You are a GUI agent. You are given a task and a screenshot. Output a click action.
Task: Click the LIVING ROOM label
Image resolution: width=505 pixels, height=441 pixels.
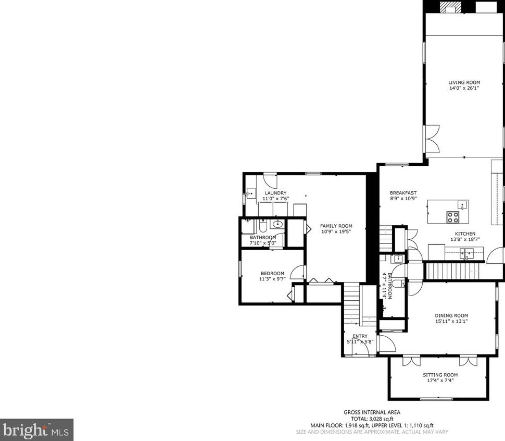click(464, 82)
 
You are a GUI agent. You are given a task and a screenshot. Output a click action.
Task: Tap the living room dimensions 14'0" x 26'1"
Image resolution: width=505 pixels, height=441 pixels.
click(464, 89)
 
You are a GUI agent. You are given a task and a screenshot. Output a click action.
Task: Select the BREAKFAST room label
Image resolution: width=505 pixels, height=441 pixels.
click(403, 193)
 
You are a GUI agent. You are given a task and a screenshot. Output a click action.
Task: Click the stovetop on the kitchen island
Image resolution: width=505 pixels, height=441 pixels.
click(452, 216)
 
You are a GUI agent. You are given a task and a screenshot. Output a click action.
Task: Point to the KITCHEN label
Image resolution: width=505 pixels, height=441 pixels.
click(465, 234)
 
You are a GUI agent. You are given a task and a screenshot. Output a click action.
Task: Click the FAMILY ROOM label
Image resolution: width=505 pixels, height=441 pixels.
click(336, 226)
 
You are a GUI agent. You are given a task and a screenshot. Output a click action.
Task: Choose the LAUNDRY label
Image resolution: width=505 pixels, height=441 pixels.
click(275, 193)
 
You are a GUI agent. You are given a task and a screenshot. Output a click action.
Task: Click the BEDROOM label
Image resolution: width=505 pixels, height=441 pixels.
click(272, 274)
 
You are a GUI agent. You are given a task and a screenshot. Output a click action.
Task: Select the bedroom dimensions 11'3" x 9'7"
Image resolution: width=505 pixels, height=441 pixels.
click(272, 279)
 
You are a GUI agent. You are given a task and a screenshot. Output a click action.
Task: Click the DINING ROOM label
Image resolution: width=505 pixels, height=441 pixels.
click(451, 315)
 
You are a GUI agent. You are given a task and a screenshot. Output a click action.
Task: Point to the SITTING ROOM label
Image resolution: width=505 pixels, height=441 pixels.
click(440, 375)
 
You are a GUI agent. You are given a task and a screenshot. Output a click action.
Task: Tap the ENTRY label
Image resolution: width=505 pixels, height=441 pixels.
click(360, 336)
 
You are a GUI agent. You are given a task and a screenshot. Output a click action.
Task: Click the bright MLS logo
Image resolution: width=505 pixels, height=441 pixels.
click(36, 430)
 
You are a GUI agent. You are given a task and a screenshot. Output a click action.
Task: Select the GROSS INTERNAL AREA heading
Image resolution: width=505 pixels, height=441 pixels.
click(372, 412)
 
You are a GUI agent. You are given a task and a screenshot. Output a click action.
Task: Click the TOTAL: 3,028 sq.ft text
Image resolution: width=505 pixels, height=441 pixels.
click(372, 419)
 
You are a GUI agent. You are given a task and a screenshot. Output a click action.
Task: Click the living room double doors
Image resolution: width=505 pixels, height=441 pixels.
click(431, 138)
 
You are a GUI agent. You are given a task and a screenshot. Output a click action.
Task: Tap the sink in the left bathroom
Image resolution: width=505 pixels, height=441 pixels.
click(276, 225)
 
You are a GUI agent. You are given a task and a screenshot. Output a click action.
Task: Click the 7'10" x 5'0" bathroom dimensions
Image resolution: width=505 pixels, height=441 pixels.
click(262, 243)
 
